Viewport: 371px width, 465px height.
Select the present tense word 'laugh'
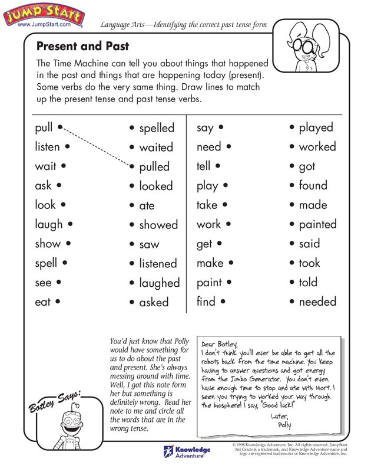click(x=49, y=224)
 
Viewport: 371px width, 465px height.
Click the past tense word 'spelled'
click(x=157, y=128)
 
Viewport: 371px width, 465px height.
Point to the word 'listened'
click(x=158, y=263)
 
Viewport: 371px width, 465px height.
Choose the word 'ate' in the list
click(x=147, y=206)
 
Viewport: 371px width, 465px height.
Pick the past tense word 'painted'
click(x=317, y=224)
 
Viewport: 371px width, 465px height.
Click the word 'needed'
click(x=317, y=302)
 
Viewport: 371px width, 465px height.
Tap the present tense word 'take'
click(x=207, y=205)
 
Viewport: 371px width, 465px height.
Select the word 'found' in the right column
click(x=313, y=185)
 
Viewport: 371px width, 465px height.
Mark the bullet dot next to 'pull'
click(x=61, y=126)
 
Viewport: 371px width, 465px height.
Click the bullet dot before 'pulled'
click(x=132, y=167)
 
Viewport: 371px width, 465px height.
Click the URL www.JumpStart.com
click(x=44, y=26)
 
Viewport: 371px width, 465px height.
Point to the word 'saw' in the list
click(x=149, y=244)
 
